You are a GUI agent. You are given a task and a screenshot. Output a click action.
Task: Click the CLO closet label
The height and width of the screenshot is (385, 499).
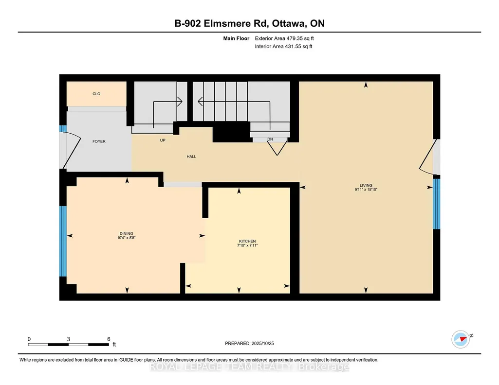click(96, 94)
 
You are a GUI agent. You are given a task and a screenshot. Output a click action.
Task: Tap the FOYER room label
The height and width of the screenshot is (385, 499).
click(99, 141)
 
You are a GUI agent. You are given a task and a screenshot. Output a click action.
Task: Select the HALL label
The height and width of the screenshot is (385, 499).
click(191, 157)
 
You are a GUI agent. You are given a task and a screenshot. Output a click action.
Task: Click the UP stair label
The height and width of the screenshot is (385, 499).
click(163, 140)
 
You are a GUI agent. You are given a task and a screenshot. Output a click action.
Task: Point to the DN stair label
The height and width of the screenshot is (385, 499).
click(270, 139)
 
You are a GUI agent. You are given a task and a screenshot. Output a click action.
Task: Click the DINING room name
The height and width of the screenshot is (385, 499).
click(127, 233)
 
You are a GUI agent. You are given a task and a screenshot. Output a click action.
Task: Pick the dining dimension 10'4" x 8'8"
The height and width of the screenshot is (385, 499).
click(127, 238)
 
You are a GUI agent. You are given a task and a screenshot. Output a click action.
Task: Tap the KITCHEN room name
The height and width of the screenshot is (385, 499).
click(247, 241)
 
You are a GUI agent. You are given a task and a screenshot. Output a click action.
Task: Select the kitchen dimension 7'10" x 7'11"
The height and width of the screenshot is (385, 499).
click(247, 245)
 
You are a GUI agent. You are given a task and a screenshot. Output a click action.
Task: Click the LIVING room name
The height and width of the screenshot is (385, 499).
click(366, 185)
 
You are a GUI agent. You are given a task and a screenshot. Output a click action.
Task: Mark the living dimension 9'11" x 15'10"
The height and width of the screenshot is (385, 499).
click(366, 189)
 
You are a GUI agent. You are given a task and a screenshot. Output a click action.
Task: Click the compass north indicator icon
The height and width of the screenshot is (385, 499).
click(461, 339)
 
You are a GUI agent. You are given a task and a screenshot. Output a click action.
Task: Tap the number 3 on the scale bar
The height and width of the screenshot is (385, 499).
click(69, 339)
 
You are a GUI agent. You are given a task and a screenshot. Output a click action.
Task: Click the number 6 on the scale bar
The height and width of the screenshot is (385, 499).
click(109, 339)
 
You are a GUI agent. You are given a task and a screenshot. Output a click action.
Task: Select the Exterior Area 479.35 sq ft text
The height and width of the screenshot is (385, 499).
click(284, 38)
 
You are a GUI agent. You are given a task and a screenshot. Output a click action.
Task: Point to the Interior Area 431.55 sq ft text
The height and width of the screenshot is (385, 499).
click(283, 46)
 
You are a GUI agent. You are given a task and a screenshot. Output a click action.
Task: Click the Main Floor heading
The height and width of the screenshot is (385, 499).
click(236, 38)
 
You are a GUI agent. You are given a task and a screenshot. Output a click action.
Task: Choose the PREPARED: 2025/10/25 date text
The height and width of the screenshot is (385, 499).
click(249, 343)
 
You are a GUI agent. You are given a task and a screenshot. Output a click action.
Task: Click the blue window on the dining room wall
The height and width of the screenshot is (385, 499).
click(63, 242)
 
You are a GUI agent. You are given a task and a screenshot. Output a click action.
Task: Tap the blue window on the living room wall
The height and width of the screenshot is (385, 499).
click(437, 204)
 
